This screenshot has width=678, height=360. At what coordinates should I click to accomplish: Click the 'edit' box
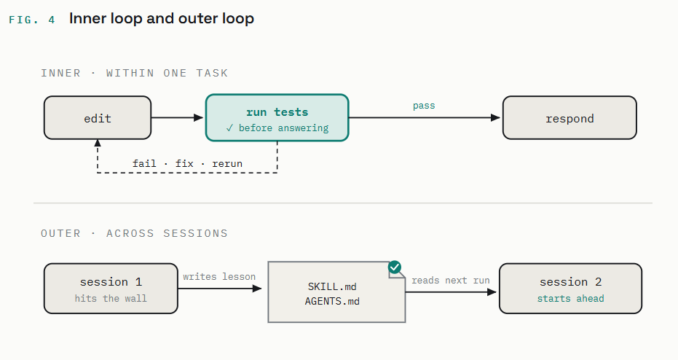click(98, 118)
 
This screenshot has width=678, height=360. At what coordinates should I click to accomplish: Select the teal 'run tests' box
click(277, 118)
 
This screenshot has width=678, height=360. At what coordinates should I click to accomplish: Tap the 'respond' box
click(569, 118)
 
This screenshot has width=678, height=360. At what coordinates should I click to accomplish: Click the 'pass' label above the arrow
click(424, 106)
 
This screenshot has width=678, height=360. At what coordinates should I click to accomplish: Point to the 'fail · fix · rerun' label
click(187, 163)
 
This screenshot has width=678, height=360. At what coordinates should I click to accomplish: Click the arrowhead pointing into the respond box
click(495, 118)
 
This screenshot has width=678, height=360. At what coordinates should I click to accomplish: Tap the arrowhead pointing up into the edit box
click(98, 143)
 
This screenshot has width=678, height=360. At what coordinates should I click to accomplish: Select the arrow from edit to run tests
click(177, 118)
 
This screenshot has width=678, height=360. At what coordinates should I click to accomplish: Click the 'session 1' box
click(111, 289)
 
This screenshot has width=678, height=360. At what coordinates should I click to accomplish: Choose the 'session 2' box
click(570, 289)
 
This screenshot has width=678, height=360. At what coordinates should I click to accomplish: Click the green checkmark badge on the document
click(395, 267)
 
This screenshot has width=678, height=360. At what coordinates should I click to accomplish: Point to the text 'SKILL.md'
click(332, 286)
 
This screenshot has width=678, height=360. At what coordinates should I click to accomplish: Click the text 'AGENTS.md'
click(332, 301)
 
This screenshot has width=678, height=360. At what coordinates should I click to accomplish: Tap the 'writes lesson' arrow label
click(219, 276)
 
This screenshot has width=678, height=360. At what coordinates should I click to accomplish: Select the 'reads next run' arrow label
click(451, 281)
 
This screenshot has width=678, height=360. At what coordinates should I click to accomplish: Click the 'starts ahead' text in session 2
click(571, 299)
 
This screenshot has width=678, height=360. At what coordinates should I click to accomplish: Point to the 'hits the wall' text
click(111, 299)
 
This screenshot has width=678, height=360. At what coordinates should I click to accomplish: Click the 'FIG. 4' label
click(32, 20)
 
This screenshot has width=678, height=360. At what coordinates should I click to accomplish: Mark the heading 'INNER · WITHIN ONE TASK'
click(135, 73)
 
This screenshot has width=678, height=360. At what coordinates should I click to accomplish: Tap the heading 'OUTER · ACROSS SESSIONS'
click(135, 234)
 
